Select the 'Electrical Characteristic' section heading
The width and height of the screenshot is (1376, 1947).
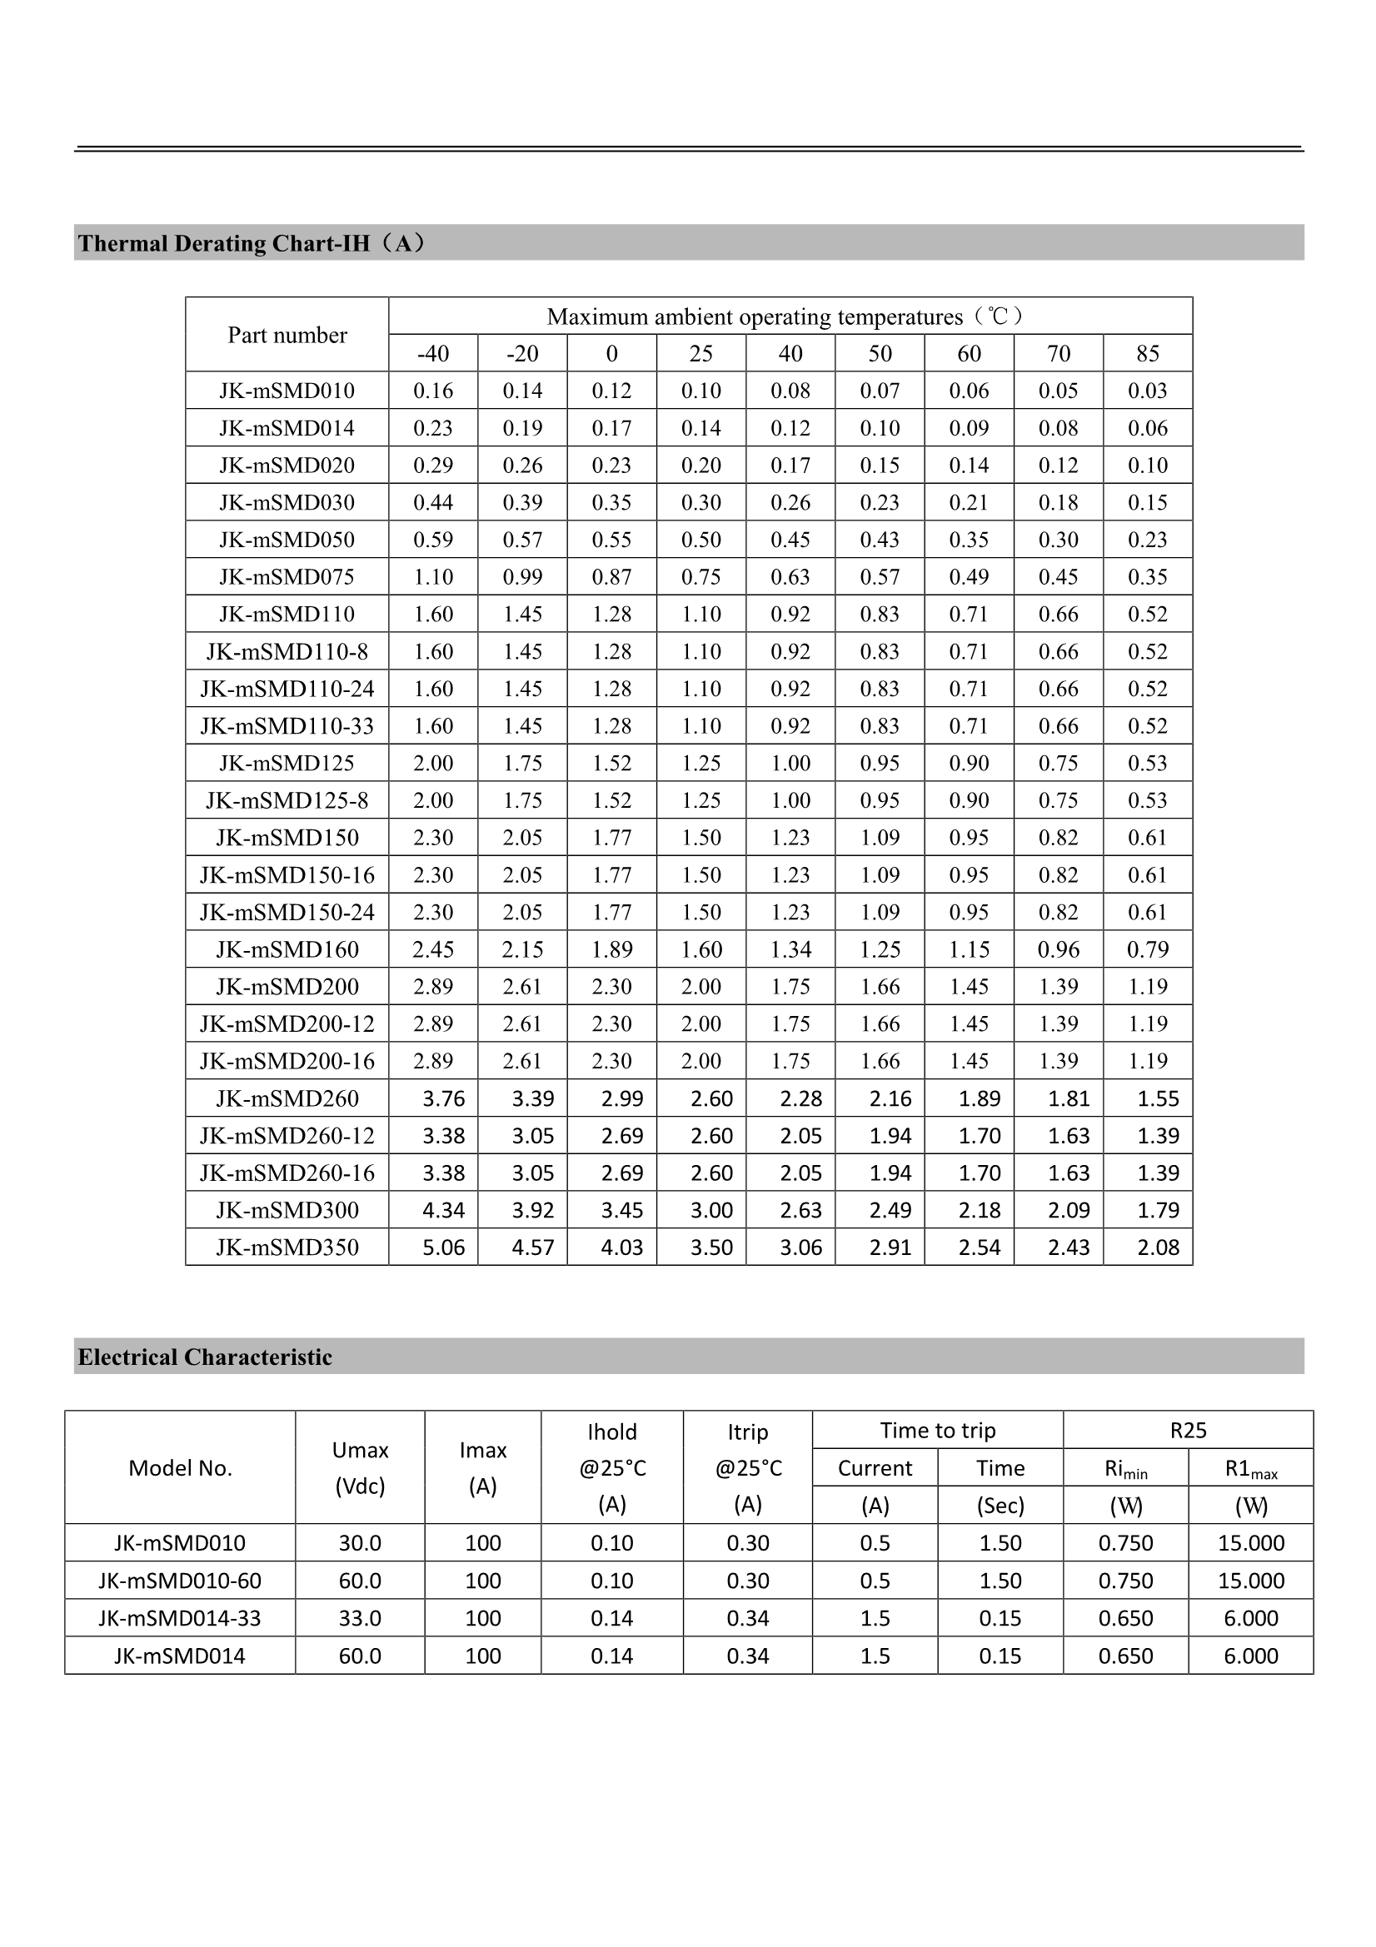click(x=204, y=1357)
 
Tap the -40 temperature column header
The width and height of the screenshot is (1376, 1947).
click(x=432, y=354)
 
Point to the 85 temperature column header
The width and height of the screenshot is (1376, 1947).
click(x=1147, y=354)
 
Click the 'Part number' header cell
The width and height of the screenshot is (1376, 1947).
click(x=287, y=335)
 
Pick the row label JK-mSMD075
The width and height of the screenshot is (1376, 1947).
click(x=287, y=576)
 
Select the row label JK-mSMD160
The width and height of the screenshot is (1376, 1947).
click(x=287, y=949)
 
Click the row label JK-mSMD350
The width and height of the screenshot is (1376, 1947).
click(x=287, y=1247)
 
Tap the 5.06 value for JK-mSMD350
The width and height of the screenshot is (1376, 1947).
click(x=443, y=1247)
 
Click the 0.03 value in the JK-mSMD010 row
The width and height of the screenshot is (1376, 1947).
click(x=1147, y=391)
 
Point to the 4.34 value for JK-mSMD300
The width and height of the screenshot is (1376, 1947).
click(x=443, y=1210)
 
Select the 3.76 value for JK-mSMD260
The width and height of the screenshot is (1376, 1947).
click(x=443, y=1098)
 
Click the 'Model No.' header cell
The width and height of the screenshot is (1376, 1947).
click(x=180, y=1468)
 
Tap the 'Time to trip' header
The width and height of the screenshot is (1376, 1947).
click(x=937, y=1431)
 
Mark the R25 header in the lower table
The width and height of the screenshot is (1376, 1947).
click(x=1188, y=1431)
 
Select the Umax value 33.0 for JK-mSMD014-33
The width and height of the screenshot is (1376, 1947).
click(x=360, y=1618)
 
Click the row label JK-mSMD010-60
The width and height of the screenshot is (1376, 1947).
click(x=180, y=1581)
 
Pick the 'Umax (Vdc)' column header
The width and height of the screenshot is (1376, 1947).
click(x=360, y=1468)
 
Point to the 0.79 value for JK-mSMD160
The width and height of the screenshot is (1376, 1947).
click(x=1147, y=949)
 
